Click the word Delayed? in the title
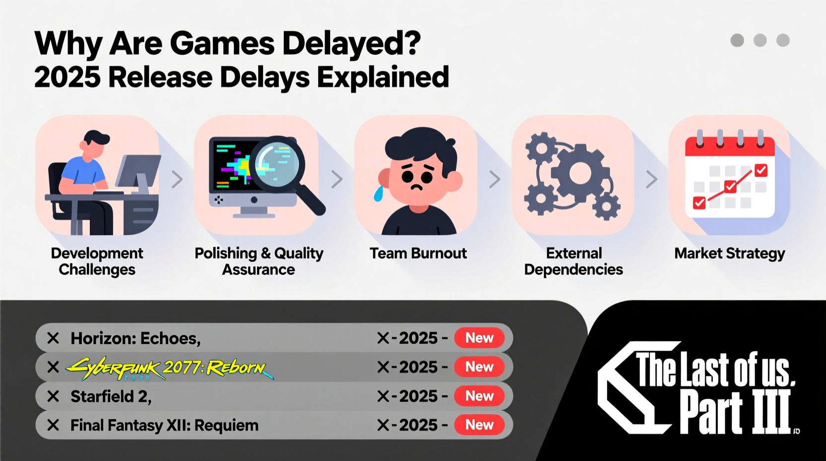[351, 44]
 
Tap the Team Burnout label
[418, 253]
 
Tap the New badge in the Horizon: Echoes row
[479, 338]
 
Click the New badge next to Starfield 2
[479, 396]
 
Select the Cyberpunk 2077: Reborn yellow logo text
[169, 368]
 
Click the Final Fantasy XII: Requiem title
[164, 425]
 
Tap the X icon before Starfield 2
[53, 396]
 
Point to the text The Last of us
[715, 370]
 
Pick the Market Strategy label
[729, 253]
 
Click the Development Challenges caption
[97, 261]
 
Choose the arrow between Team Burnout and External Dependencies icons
[494, 179]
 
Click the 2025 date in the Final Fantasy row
[418, 425]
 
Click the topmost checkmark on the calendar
[760, 170]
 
